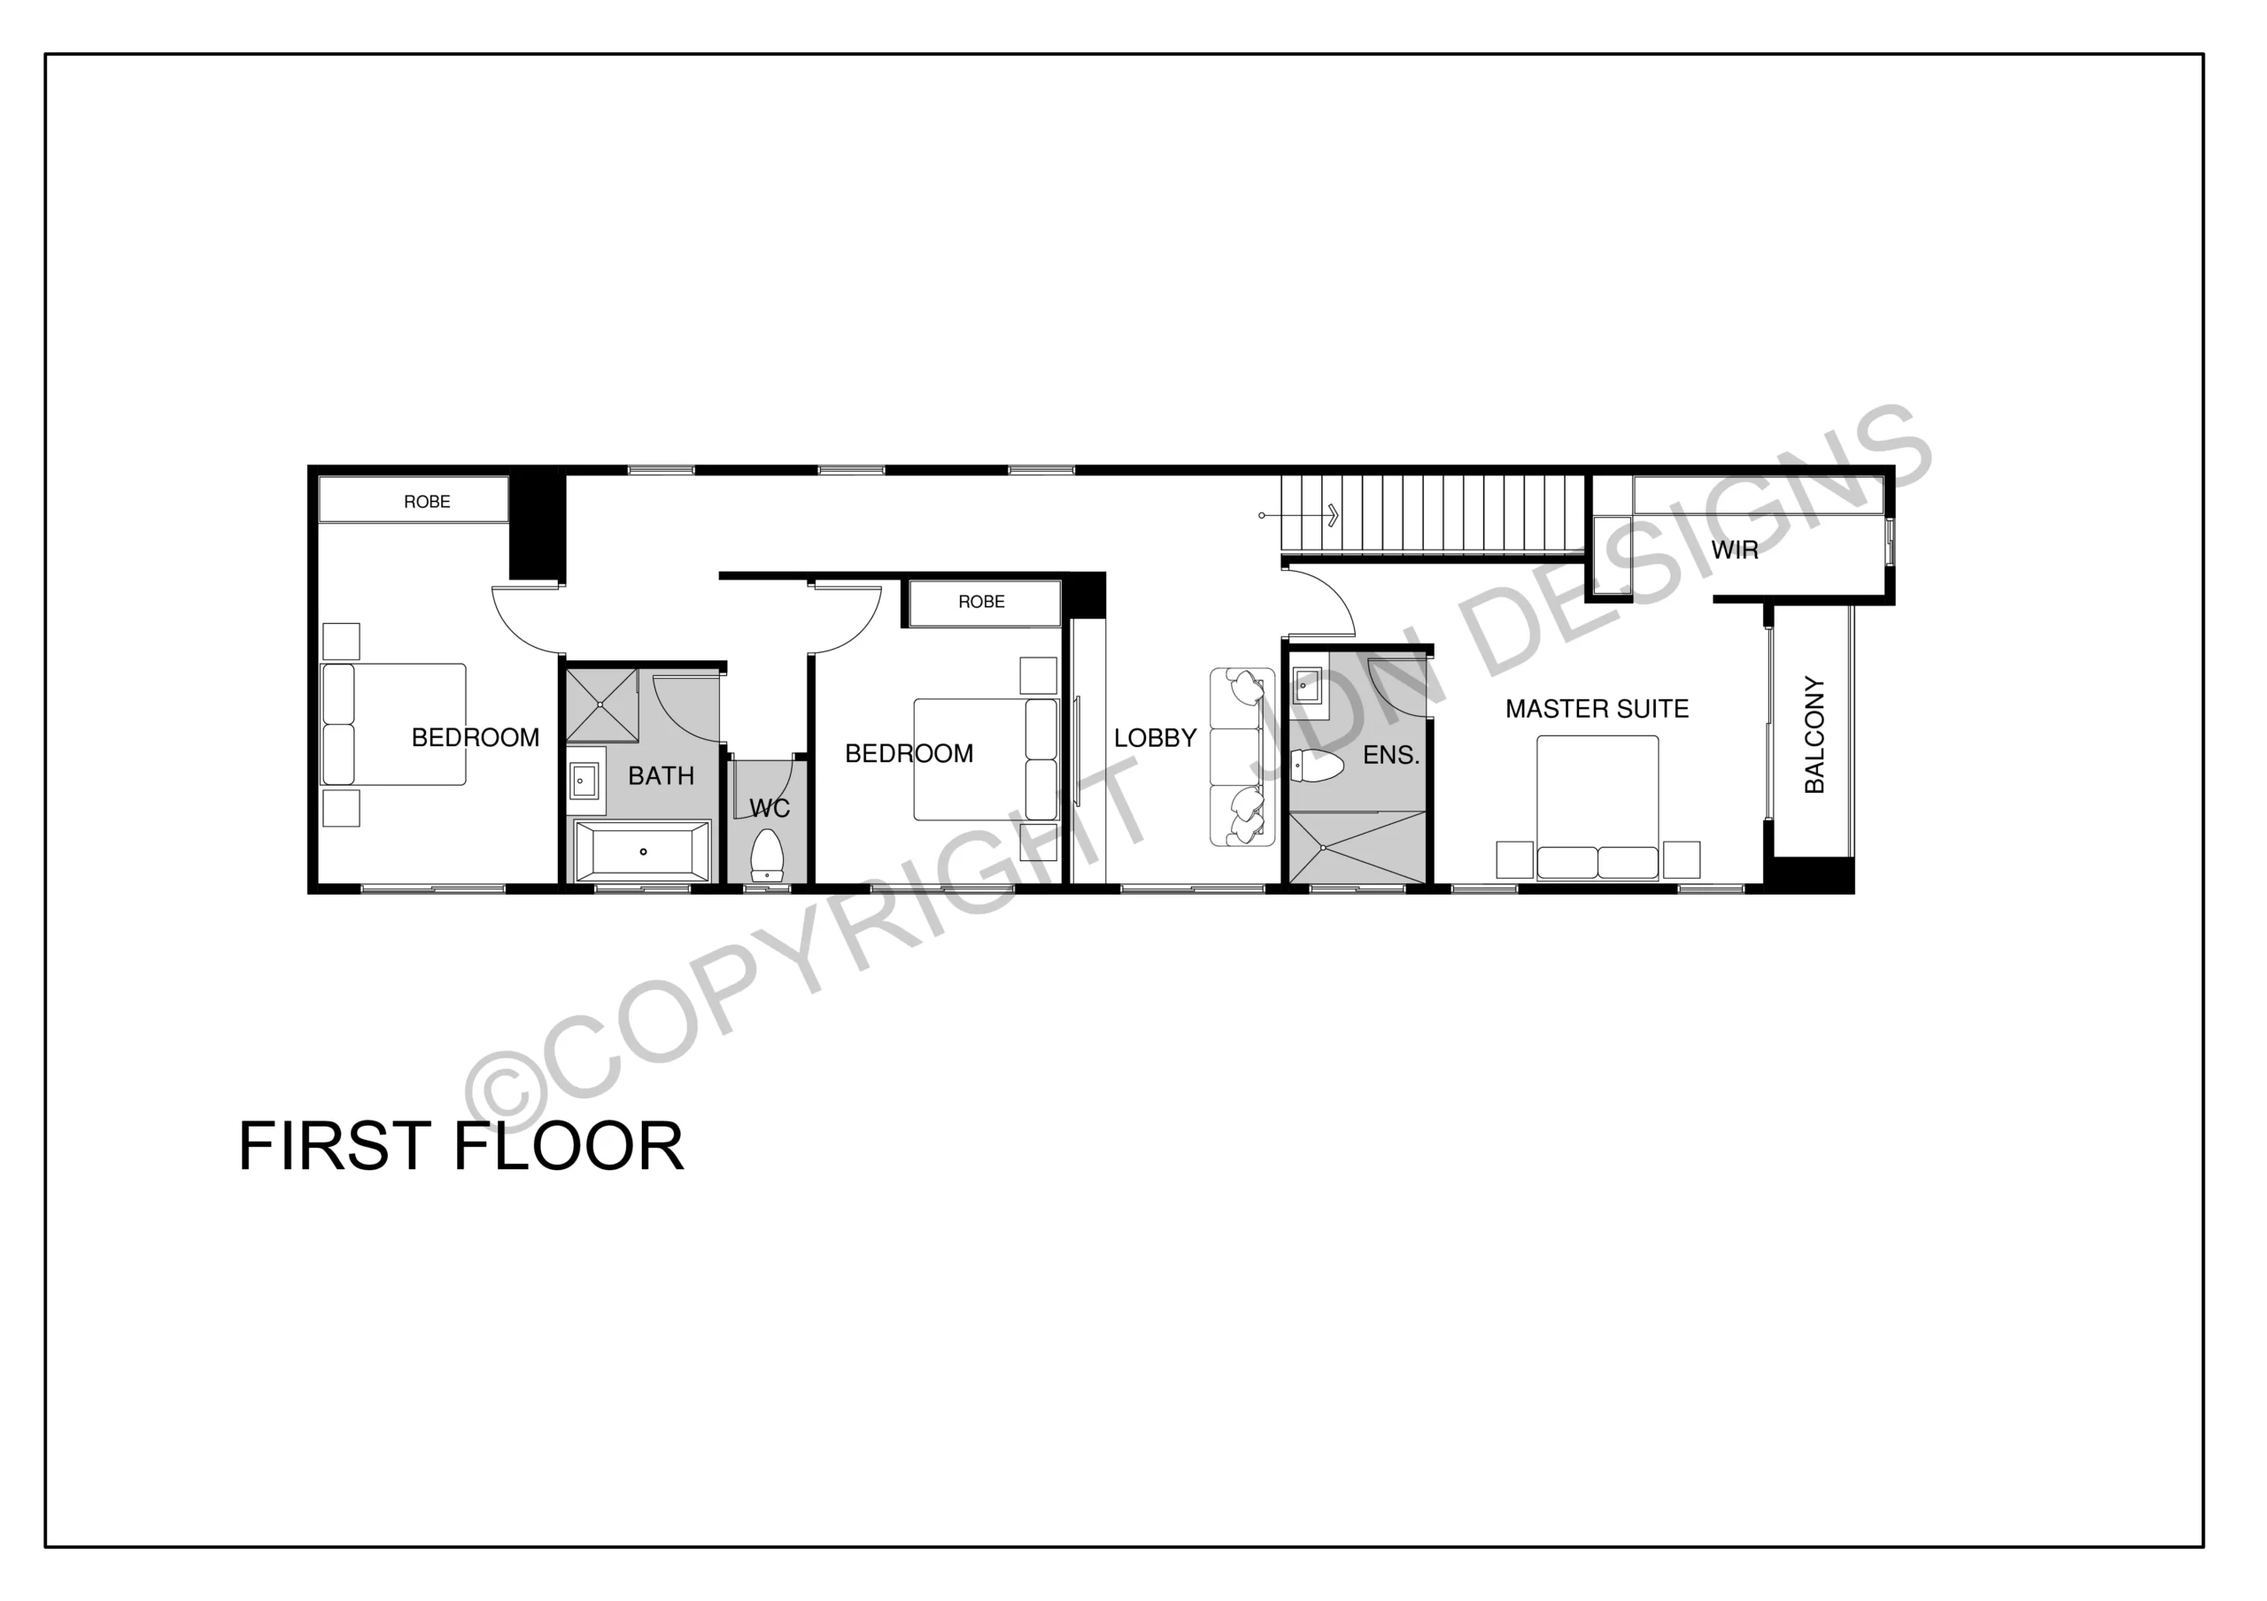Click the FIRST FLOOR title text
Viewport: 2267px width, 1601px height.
point(461,1146)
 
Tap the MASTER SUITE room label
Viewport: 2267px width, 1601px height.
point(1597,709)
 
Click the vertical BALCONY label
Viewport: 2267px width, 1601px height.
point(1814,735)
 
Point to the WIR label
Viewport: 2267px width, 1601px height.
point(1734,550)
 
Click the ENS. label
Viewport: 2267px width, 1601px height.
point(1390,755)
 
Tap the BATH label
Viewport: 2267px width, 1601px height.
point(661,776)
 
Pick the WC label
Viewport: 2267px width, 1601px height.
point(770,808)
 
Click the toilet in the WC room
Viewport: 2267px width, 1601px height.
point(767,855)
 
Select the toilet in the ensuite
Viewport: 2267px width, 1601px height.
point(1316,766)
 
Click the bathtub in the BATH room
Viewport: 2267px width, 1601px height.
point(643,851)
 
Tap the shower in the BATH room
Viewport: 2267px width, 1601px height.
point(602,704)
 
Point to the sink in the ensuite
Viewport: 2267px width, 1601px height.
point(1307,685)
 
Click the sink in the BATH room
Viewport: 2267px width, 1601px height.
point(584,781)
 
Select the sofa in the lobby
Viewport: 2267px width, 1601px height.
point(1242,757)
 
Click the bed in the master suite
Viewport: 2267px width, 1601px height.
point(1598,807)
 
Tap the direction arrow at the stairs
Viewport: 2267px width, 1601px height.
point(1299,515)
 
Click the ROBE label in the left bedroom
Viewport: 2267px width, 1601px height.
point(427,502)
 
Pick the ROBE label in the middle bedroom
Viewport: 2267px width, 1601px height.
point(981,602)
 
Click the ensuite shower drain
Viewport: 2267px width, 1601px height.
point(1322,847)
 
